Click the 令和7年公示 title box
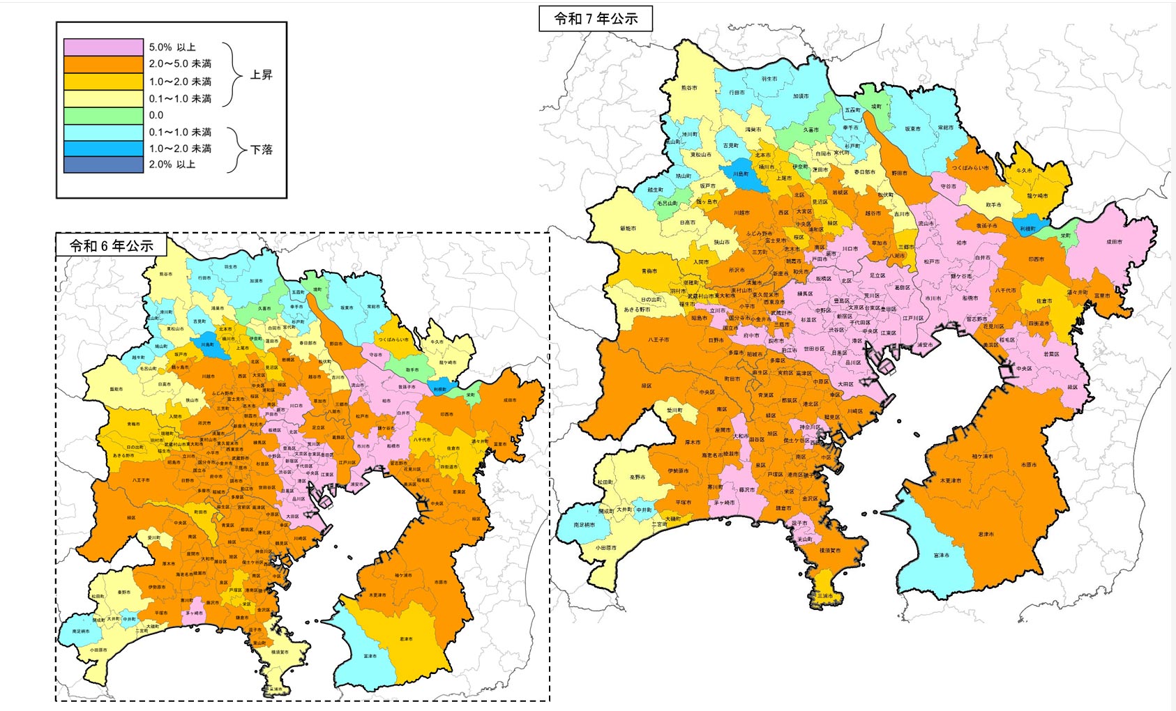[596, 19]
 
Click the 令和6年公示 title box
[111, 245]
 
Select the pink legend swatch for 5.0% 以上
[103, 47]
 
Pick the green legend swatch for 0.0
[103, 115]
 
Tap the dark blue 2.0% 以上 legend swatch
[103, 165]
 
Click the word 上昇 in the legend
[261, 75]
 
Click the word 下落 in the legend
[261, 149]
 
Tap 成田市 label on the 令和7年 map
[1114, 242]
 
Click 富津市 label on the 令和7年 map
[942, 556]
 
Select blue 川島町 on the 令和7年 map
[740, 174]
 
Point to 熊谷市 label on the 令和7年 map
[688, 88]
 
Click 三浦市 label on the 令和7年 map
[825, 596]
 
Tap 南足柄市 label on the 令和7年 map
[585, 525]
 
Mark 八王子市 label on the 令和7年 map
[658, 339]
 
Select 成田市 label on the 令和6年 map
[510, 400]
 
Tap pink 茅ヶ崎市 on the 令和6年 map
[194, 613]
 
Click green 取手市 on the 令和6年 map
[412, 370]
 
